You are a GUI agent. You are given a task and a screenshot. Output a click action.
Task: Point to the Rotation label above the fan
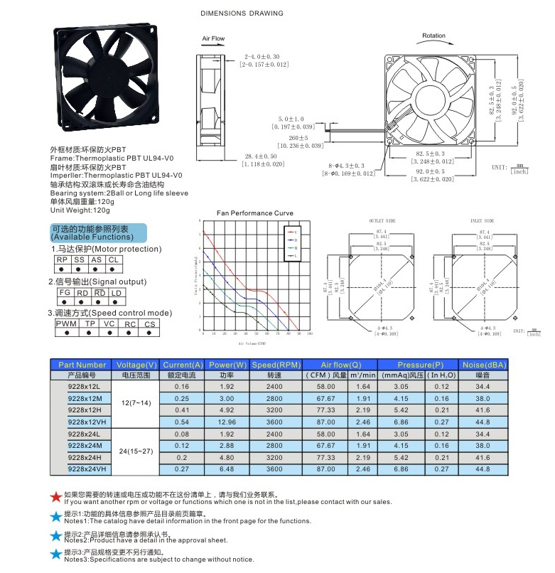click(x=433, y=36)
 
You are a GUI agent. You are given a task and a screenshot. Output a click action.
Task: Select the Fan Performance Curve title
click(x=255, y=213)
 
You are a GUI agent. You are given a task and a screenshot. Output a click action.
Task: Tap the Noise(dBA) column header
click(x=483, y=365)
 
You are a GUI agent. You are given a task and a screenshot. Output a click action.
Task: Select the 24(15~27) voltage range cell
click(x=136, y=451)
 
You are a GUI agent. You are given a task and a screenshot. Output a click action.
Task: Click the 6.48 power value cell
click(x=226, y=469)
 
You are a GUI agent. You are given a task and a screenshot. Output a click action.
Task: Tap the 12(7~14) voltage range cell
click(x=136, y=402)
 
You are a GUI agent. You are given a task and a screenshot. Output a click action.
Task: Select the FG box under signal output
click(x=64, y=292)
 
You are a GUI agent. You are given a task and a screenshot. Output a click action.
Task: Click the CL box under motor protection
click(x=114, y=260)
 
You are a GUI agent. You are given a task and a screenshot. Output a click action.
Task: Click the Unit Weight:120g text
click(x=80, y=210)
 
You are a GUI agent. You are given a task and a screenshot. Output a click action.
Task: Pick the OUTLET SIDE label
click(x=382, y=222)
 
